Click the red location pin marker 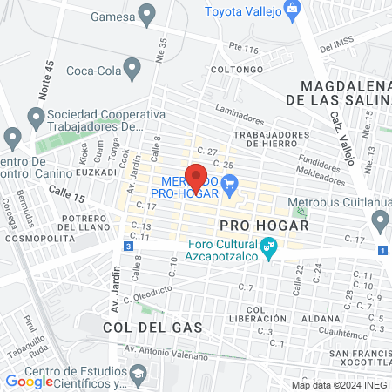(196, 176)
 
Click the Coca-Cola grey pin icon (132, 67)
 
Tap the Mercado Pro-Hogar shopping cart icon (230, 183)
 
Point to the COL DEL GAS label (152, 328)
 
